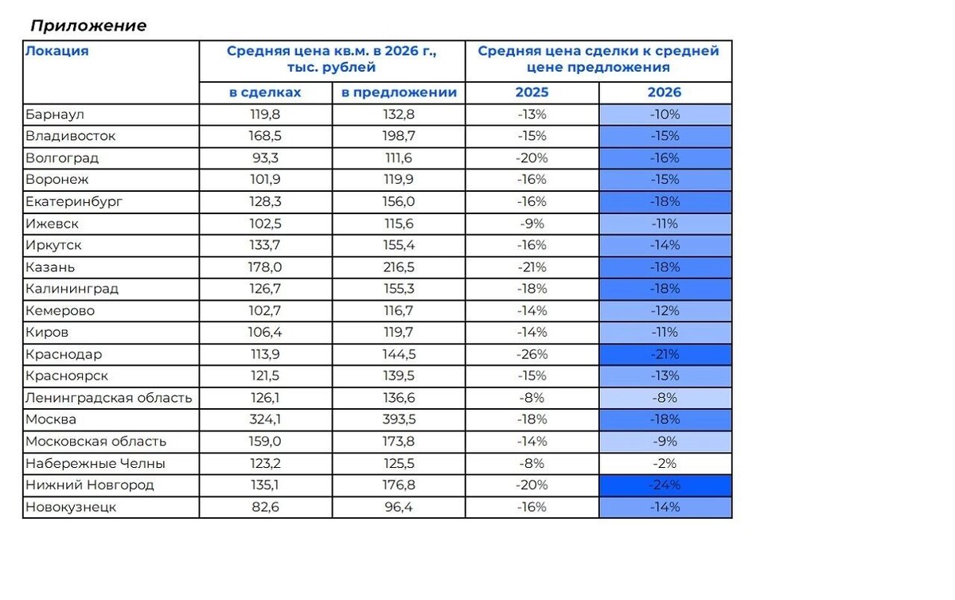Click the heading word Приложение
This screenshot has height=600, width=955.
pos(88,26)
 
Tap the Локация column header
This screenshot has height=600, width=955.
pos(57,51)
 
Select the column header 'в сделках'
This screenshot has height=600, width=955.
pos(265,92)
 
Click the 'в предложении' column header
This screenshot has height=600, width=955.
pos(399,92)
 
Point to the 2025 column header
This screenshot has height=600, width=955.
pos(532,92)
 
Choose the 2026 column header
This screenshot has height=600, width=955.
pos(665,92)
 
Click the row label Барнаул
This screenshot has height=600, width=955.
pos(55,115)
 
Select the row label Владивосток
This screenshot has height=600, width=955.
pos(70,136)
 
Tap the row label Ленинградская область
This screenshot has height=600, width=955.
pos(109,398)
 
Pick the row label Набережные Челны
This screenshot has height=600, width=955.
pos(95,463)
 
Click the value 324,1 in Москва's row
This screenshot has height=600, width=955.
pos(265,419)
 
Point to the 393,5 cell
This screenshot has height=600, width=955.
pos(399,419)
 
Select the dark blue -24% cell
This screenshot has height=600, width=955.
pos(665,485)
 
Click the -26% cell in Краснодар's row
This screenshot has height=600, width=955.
pos(532,354)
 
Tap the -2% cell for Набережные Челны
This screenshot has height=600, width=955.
pos(665,464)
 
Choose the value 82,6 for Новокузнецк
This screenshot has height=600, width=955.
pos(265,507)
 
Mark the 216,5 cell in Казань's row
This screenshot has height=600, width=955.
pos(399,267)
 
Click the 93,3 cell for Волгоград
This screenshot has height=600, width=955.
pos(265,158)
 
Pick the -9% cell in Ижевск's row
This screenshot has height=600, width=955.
pos(532,224)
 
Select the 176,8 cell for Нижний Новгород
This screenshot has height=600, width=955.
pos(399,485)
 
